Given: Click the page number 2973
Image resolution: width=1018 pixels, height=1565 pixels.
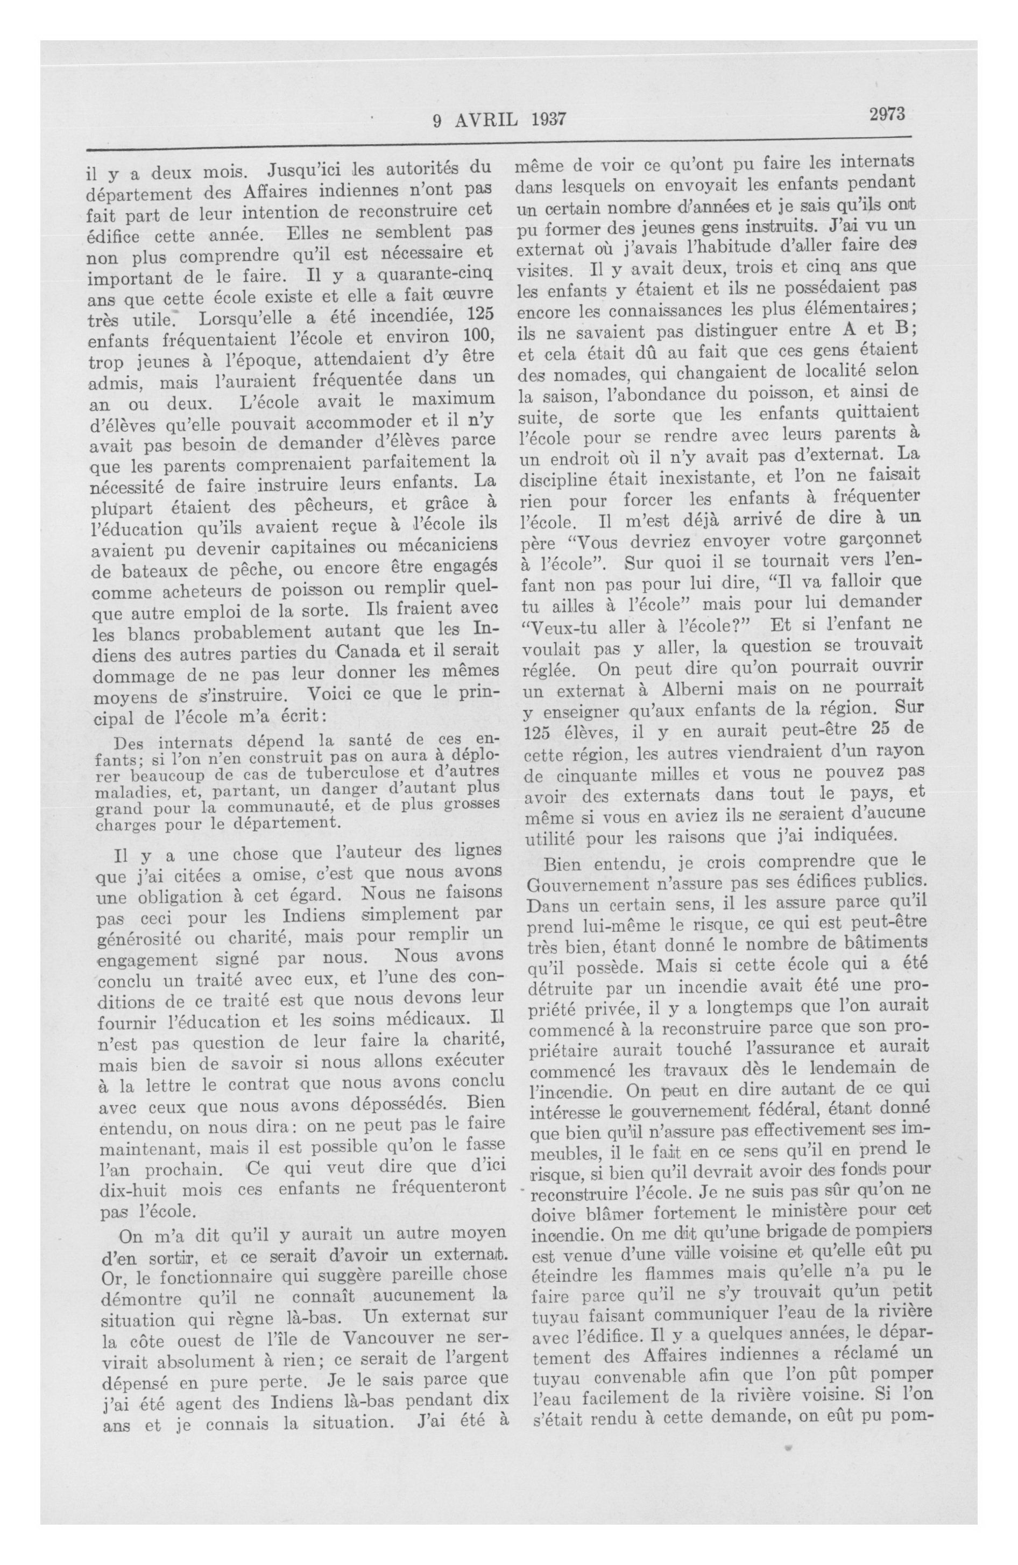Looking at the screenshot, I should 887,115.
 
